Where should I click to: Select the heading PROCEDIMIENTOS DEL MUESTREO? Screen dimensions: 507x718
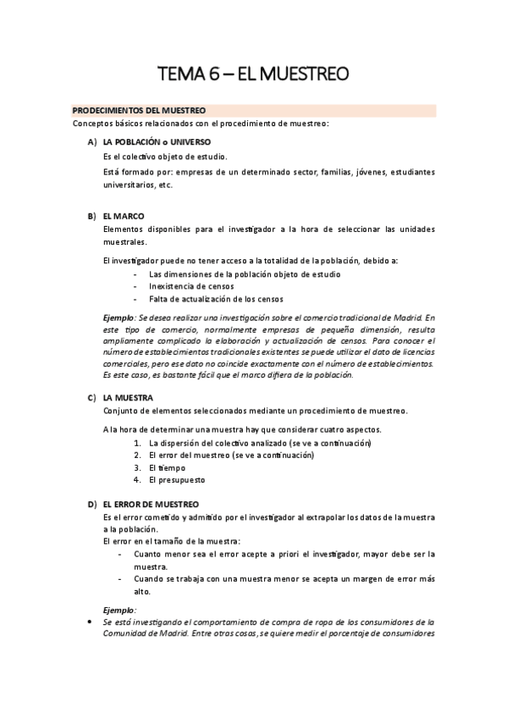[x=139, y=111]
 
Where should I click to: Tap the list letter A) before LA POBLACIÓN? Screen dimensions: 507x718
[x=91, y=141]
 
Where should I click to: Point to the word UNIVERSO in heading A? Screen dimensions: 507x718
[x=187, y=141]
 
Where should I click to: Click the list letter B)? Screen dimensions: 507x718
[x=91, y=216]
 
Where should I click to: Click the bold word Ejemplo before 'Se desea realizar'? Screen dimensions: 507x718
[x=118, y=317]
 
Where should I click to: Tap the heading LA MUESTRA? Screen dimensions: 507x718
[x=128, y=397]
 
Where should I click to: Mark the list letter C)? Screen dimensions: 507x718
[x=91, y=397]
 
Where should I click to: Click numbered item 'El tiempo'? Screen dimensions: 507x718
[x=167, y=467]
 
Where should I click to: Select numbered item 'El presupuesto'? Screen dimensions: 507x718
[x=177, y=480]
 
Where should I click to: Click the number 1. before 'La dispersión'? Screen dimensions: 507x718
[x=138, y=443]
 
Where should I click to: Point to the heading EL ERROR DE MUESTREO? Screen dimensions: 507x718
[x=151, y=504]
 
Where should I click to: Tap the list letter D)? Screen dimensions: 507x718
[x=91, y=504]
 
